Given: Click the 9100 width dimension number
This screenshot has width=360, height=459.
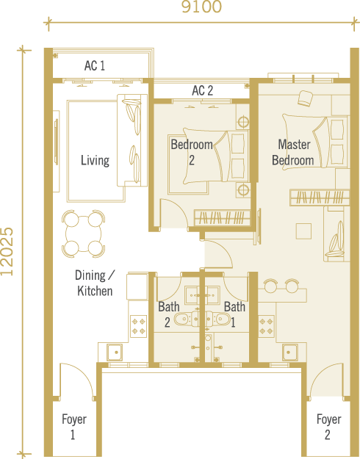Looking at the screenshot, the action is coord(201,7).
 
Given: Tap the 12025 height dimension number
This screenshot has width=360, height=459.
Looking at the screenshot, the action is coord(7,251).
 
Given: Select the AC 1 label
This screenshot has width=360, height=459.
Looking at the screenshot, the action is coord(94,65).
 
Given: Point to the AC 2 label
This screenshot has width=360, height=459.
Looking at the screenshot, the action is coord(203,90).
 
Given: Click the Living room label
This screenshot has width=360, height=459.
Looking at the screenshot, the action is coord(95,160).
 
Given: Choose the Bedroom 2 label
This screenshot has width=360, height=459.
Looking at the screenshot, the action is coord(192,152).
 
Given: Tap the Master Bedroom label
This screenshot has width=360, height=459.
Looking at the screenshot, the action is coord(293,152).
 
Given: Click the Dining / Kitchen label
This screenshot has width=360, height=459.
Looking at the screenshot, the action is coord(95,283).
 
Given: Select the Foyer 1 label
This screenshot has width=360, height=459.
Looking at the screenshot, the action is coord(73,427).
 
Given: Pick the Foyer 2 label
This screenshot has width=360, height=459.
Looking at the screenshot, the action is coord(328,427).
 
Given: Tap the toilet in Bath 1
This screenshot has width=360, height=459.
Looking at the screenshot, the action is coord(218,319).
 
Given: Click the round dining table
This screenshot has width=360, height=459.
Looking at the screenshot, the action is coord(84,234).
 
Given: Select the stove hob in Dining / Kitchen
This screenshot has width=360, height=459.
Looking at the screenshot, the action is coord(138,326).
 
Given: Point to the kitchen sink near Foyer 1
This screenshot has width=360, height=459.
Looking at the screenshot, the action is coord(115,353).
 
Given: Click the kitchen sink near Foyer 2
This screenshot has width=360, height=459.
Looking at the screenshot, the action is coord(290,353).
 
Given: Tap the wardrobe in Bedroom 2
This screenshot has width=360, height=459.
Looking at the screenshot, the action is coord(223,218).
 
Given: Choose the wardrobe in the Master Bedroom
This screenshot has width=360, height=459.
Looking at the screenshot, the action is coord(320,198).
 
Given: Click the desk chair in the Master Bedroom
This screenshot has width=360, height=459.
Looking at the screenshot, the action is coord(305,98).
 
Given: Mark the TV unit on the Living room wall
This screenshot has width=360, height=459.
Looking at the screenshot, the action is coord(56,151).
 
